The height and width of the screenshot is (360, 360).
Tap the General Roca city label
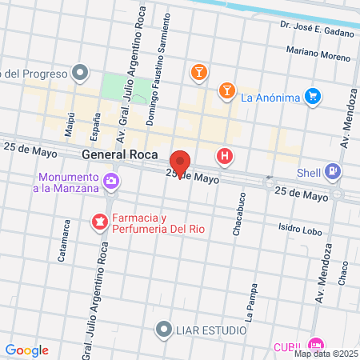(x=119, y=155)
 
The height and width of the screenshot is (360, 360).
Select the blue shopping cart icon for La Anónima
(x=313, y=98)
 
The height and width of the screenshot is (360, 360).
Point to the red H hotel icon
(x=226, y=157)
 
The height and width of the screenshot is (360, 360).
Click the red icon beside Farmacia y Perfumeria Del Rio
(x=100, y=221)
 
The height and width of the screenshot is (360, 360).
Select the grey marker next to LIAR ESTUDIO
(x=164, y=329)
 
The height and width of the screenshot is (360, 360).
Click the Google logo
(x=26, y=350)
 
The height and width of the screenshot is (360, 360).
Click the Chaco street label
(x=343, y=274)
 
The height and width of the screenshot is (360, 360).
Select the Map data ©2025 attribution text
(x=326, y=354)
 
